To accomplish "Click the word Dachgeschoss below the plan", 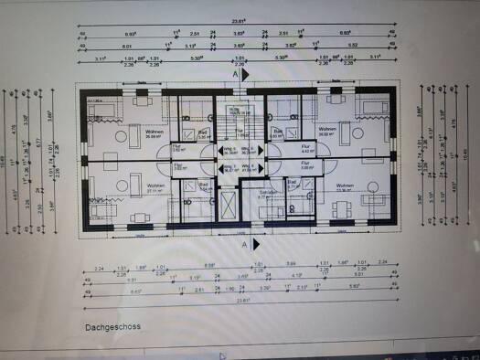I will [112, 325].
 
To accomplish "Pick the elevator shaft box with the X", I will [225, 202].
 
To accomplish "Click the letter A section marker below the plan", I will [244, 246].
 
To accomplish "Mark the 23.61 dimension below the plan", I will [244, 300].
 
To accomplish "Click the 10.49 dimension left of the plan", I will [7, 160].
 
